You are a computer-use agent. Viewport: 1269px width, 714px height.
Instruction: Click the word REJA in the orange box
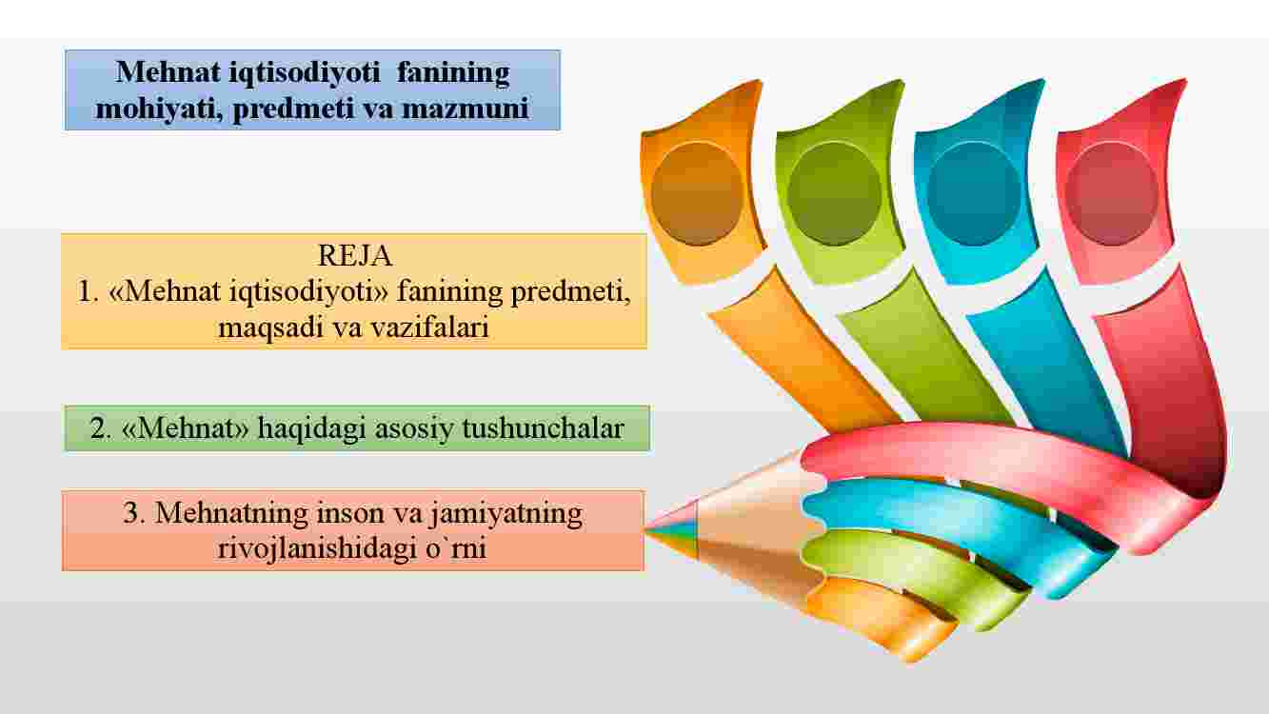pyautogui.click(x=355, y=255)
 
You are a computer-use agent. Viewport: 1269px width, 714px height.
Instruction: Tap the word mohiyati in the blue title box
pyautogui.click(x=159, y=109)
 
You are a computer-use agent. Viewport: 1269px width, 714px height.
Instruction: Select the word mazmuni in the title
pyautogui.click(x=466, y=109)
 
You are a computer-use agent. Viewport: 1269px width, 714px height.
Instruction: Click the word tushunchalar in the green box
pyautogui.click(x=543, y=427)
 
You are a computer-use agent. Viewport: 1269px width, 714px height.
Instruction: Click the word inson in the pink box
pyautogui.click(x=350, y=513)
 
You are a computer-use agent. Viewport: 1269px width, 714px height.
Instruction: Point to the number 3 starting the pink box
pyautogui.click(x=131, y=513)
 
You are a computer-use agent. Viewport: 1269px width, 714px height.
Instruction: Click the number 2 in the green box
pyautogui.click(x=100, y=428)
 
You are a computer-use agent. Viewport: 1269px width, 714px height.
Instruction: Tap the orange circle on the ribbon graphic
pyautogui.click(x=697, y=193)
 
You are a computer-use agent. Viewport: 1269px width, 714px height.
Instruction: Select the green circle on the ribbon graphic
pyautogui.click(x=834, y=193)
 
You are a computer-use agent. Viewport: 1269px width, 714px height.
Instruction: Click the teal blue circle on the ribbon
pyautogui.click(x=973, y=193)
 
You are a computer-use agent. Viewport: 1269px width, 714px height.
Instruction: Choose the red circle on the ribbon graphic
pyautogui.click(x=1112, y=193)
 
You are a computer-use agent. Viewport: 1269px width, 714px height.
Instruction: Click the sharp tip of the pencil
pyautogui.click(x=645, y=530)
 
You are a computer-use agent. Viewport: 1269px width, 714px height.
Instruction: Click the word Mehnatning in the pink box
pyautogui.click(x=231, y=513)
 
